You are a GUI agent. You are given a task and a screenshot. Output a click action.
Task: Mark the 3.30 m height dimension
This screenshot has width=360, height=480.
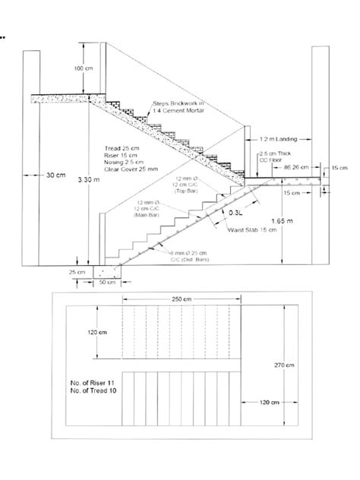pos(88,181)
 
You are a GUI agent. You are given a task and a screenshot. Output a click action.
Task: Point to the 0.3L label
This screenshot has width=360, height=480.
pos(238,214)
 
